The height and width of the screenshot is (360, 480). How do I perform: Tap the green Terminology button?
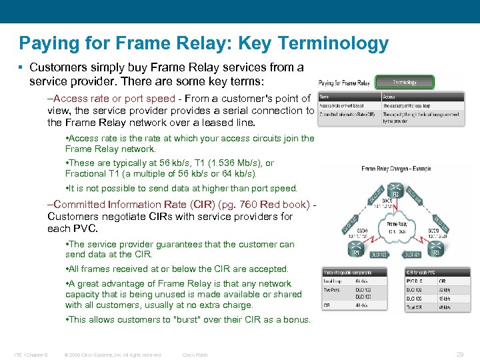tap(404, 83)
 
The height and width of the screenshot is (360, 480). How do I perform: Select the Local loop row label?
tap(332, 281)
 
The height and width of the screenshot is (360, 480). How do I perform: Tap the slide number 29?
tap(460, 354)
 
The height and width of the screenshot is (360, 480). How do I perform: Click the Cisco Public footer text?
tap(195, 355)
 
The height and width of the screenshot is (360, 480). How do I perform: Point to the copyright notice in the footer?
tap(113, 355)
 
